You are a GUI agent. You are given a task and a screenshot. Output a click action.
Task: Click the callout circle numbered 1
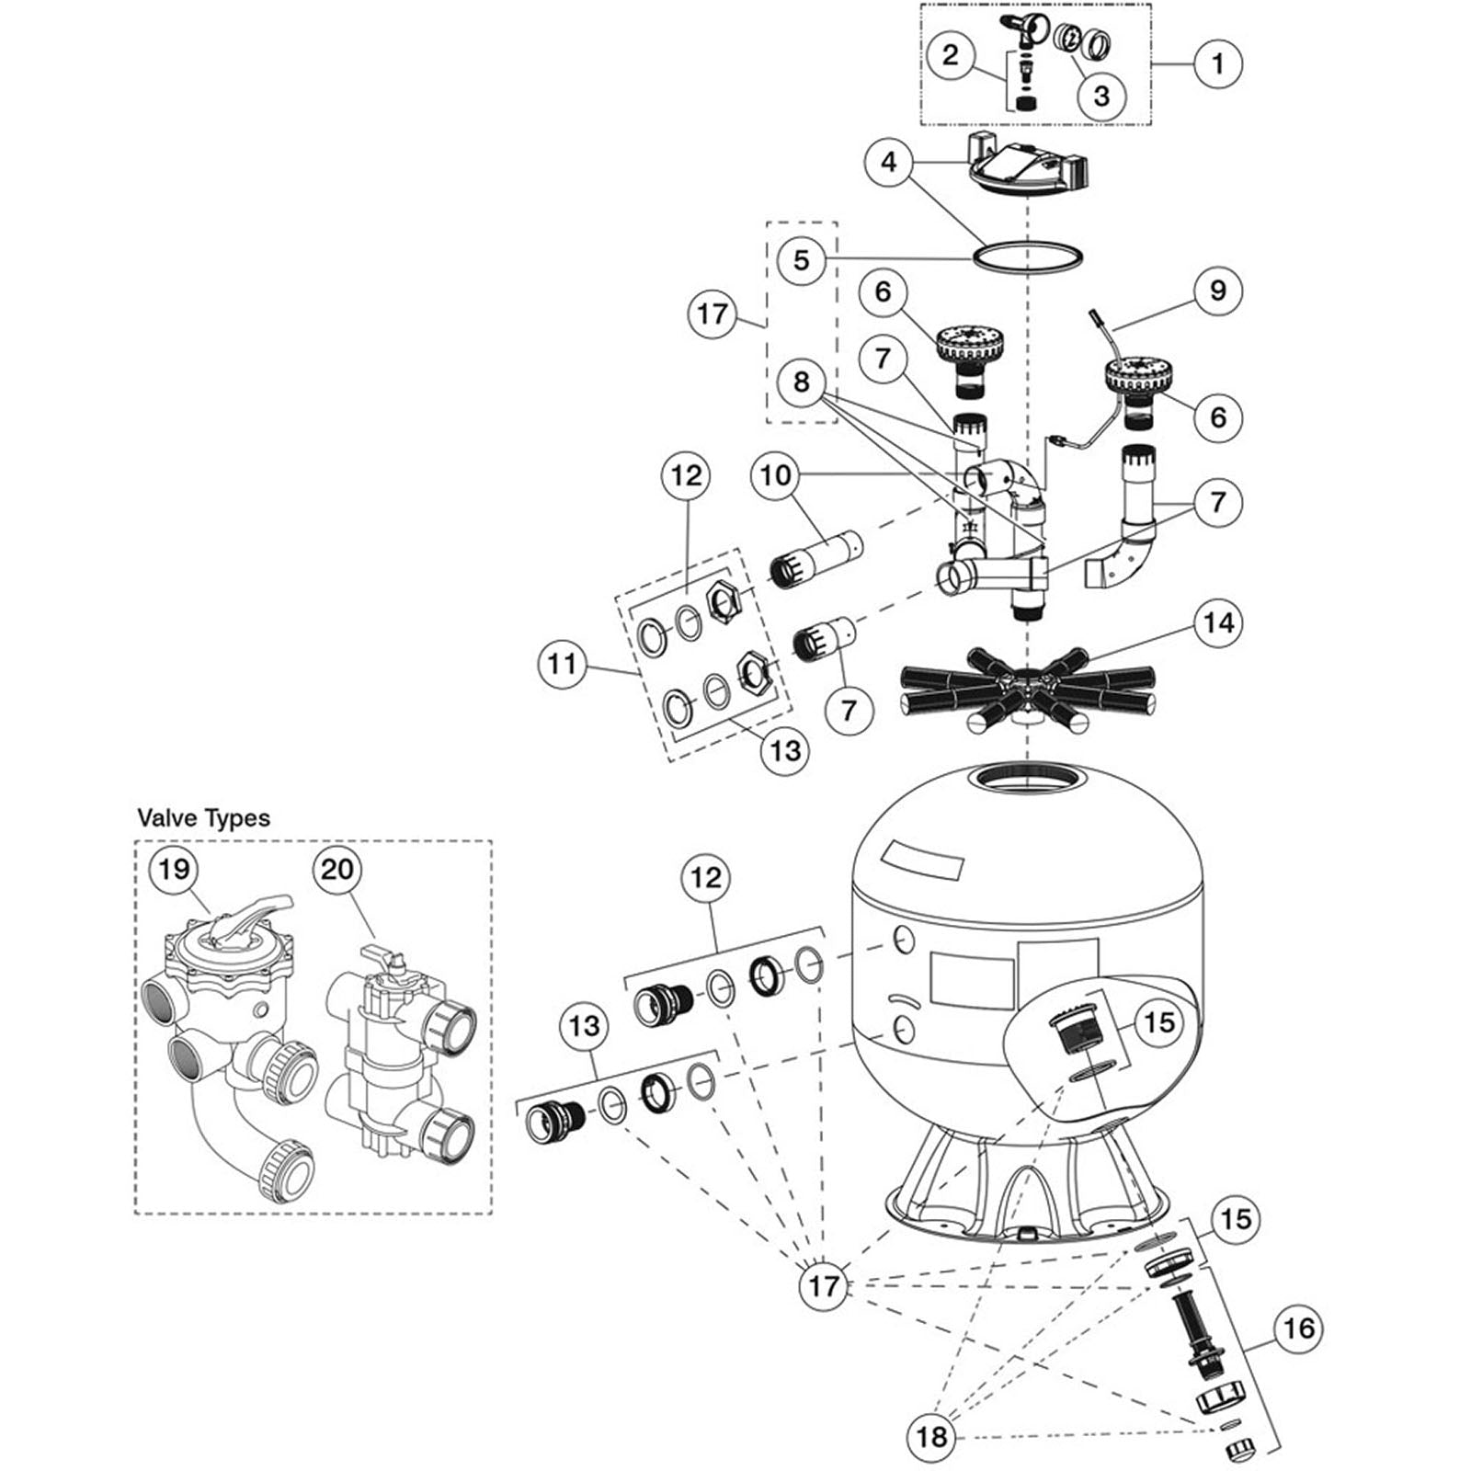pos(1218,63)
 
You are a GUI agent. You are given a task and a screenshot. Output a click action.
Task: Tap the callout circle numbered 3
pos(1101,95)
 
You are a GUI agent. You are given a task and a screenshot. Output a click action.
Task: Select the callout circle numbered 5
pos(802,260)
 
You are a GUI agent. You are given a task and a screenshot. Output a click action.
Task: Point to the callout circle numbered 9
pos(1218,291)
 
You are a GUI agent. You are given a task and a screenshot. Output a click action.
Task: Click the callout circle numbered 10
pos(776,475)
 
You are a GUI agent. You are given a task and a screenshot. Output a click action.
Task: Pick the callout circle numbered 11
pos(563,663)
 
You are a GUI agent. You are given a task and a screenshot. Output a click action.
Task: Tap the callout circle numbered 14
pos(1218,623)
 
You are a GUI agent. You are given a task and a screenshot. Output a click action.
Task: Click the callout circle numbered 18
pos(931,1436)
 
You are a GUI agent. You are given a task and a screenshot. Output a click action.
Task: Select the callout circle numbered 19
pos(174,869)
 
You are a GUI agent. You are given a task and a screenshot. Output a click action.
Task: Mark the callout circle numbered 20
pos(337,869)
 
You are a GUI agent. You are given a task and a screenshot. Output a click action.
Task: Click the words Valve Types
pos(203,818)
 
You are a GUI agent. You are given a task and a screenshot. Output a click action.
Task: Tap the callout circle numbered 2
pos(950,54)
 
